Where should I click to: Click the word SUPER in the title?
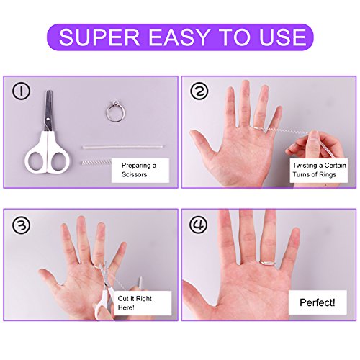tap(99, 37)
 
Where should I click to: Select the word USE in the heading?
tap(283, 37)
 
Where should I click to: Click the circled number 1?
tap(21, 91)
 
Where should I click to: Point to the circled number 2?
tap(199, 91)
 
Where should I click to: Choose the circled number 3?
tap(22, 225)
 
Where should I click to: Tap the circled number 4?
tap(199, 225)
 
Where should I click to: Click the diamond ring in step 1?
tap(116, 112)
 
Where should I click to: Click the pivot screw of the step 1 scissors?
tap(49, 118)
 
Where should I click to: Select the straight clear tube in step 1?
tap(123, 147)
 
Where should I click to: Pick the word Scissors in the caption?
tap(134, 174)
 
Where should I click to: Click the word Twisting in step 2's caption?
tap(305, 166)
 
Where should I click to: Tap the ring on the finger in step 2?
tap(258, 128)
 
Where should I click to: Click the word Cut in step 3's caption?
tap(123, 299)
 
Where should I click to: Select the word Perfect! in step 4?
tap(318, 302)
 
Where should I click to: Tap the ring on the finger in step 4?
tap(267, 263)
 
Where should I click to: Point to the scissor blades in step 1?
tap(48, 111)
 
